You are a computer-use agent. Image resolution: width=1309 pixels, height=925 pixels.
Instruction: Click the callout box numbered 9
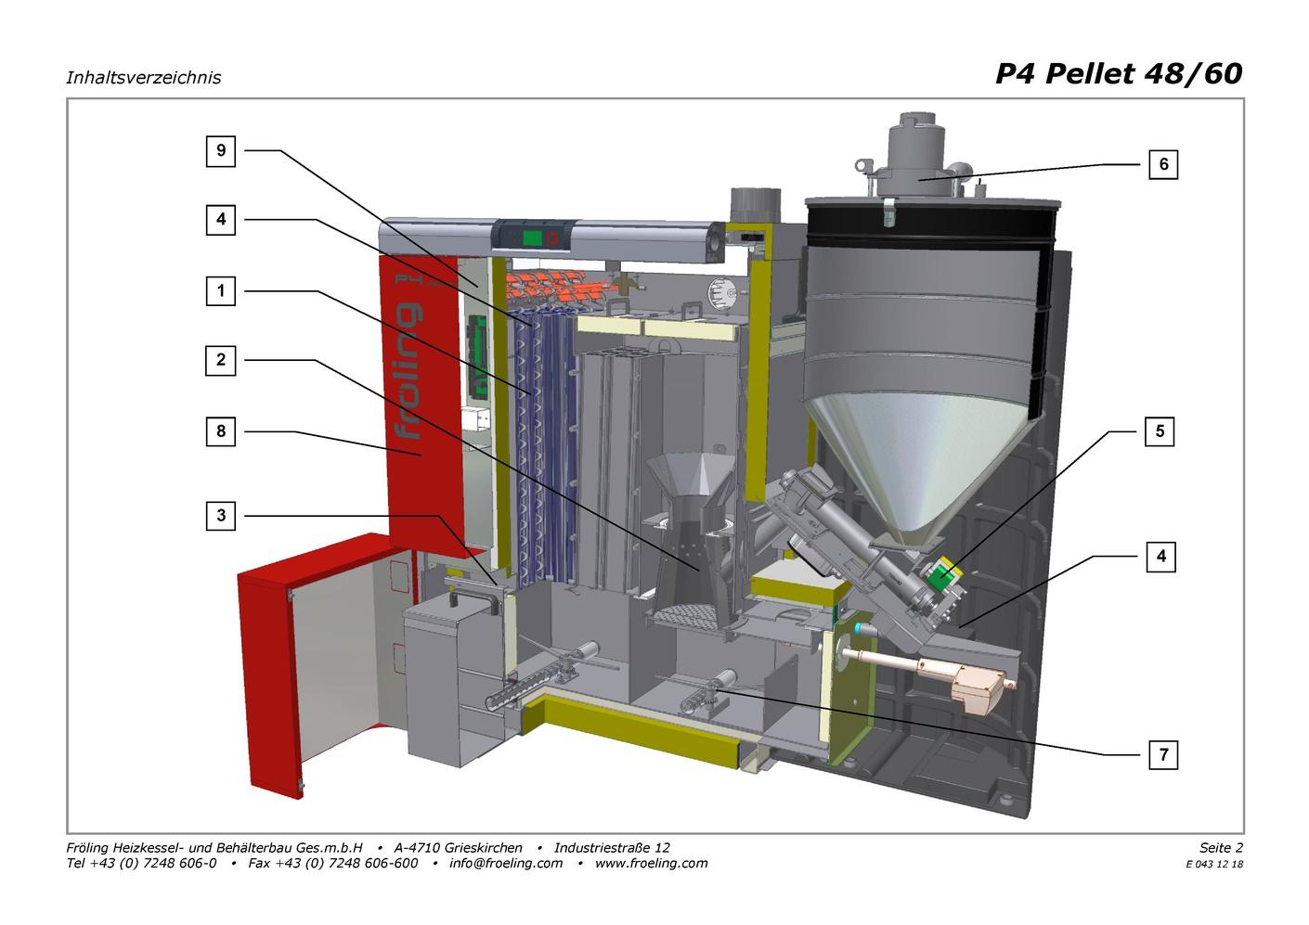[x=221, y=151]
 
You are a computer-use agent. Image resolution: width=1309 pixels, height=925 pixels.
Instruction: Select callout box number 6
[x=1163, y=164]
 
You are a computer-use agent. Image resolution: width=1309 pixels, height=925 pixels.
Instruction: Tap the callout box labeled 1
[x=221, y=290]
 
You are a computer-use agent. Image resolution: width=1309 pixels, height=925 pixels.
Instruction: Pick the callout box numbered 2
[x=221, y=360]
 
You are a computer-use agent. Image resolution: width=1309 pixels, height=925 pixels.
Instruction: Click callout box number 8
[x=221, y=431]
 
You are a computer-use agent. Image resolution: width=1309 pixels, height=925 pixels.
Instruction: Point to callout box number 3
[x=221, y=516]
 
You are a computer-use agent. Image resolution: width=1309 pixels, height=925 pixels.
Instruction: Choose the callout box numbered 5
[x=1160, y=431]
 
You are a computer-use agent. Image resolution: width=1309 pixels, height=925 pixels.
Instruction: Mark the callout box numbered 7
[x=1163, y=754]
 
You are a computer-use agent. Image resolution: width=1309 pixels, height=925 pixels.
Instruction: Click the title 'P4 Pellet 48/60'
[x=1119, y=74]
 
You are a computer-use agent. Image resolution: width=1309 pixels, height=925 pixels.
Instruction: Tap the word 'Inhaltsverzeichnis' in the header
[x=144, y=78]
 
